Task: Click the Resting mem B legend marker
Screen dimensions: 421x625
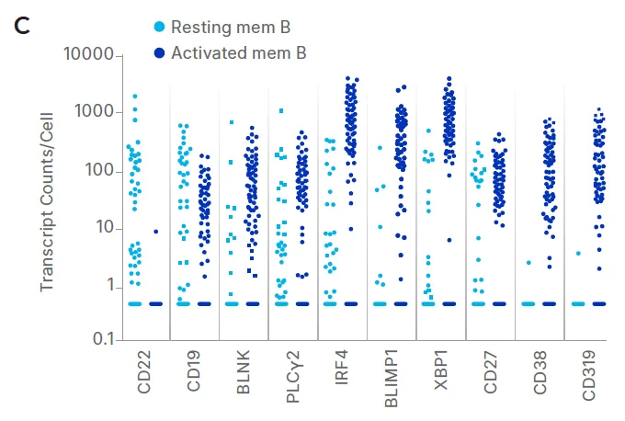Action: [159, 28]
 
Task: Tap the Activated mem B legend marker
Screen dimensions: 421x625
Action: [159, 53]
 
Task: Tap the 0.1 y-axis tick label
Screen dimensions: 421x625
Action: [105, 340]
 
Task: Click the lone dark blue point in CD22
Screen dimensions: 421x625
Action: [156, 232]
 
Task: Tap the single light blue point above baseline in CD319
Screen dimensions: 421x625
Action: [578, 253]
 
